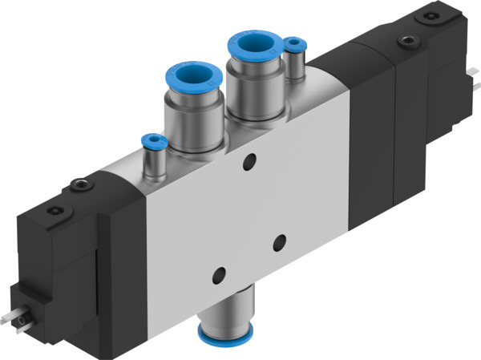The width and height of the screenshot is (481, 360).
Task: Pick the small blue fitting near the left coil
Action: tap(150, 142)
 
